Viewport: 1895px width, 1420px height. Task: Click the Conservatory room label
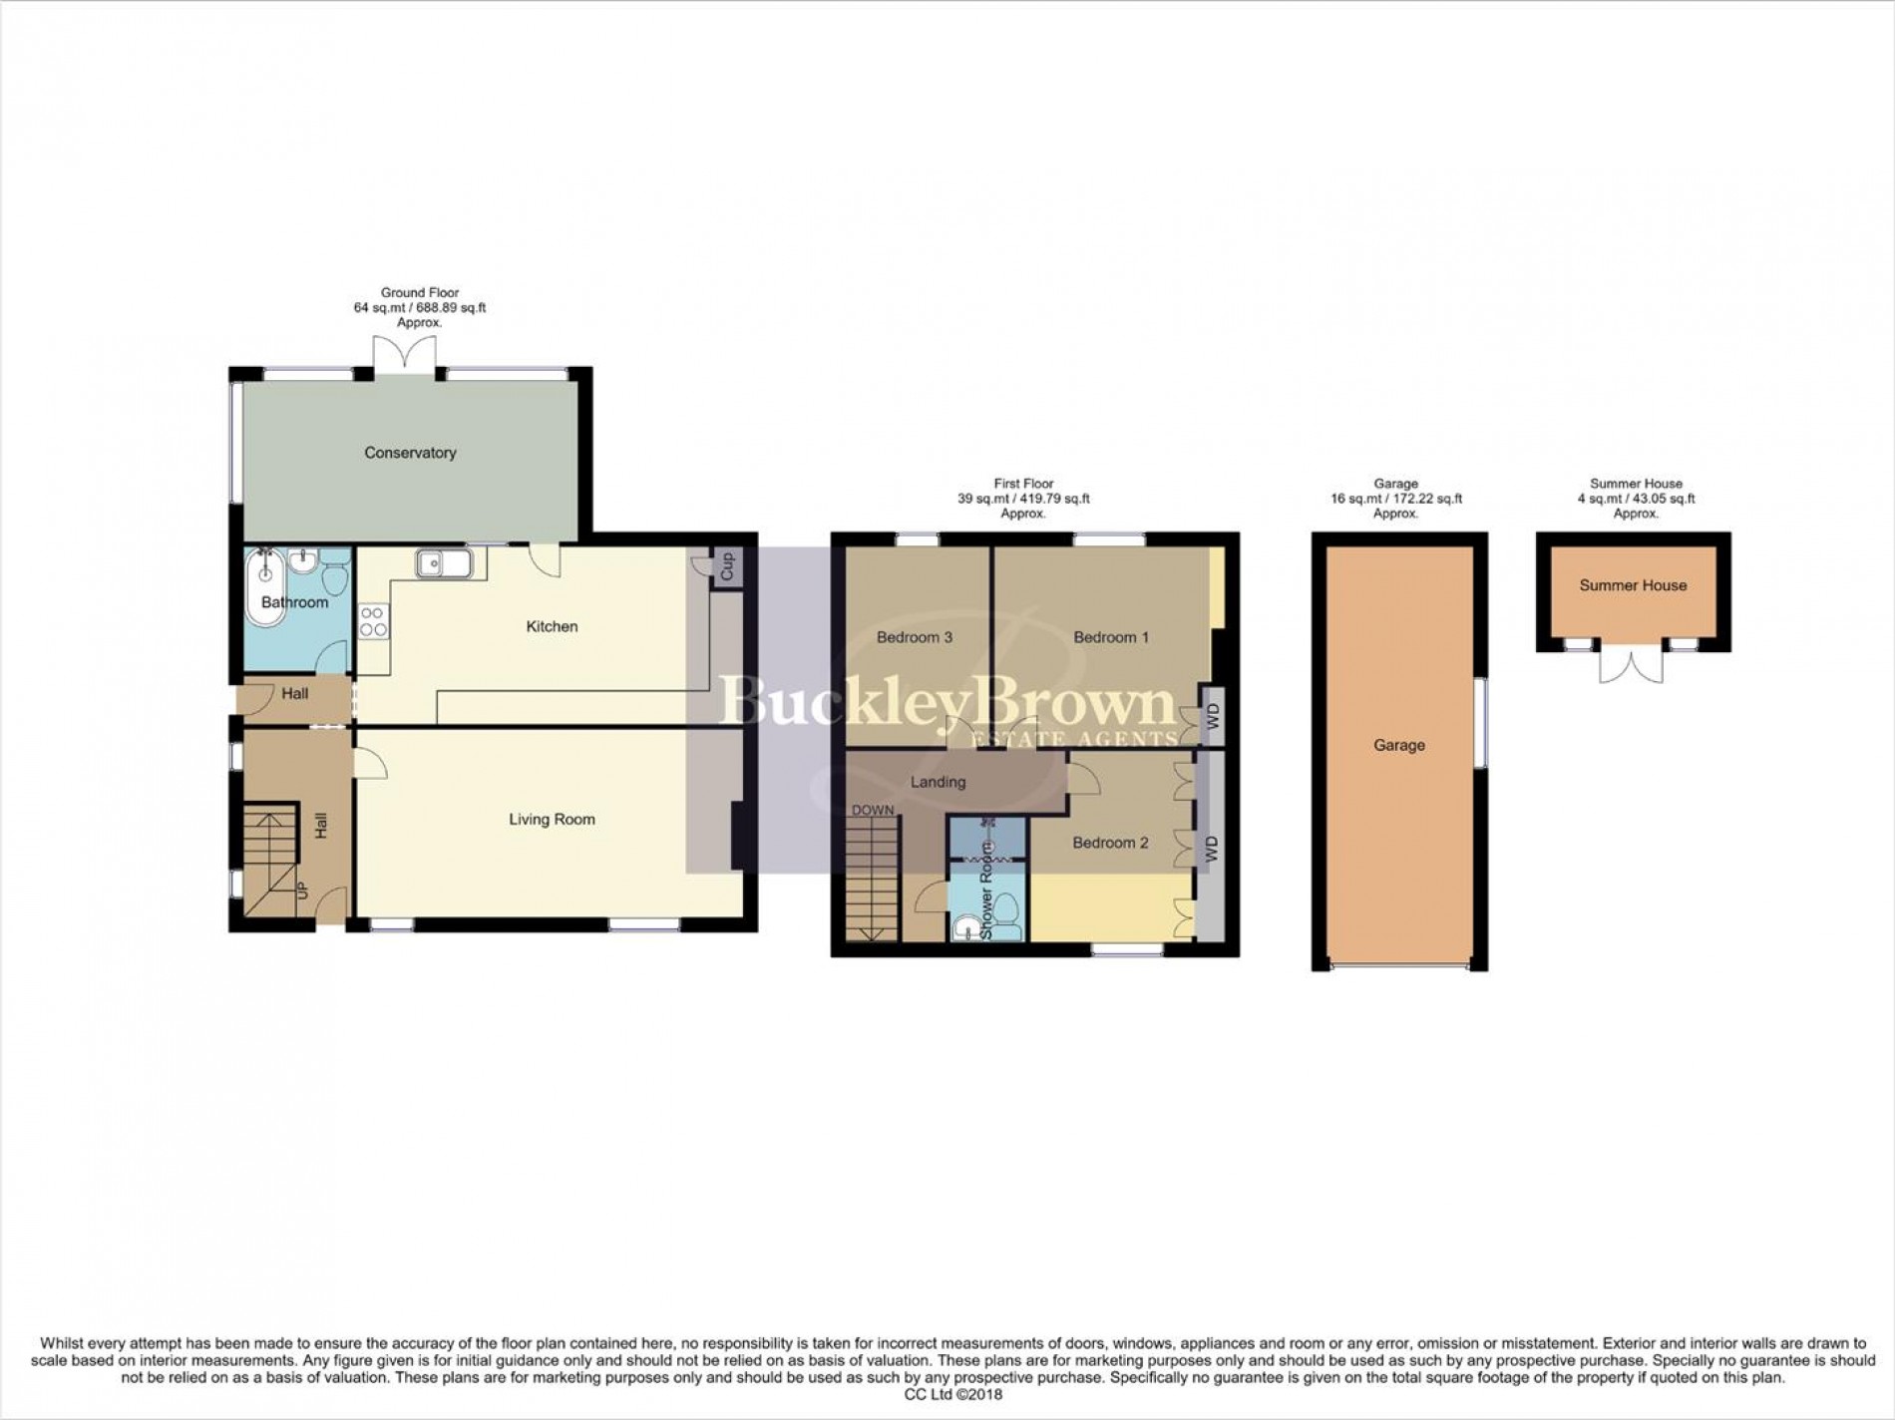[x=410, y=453]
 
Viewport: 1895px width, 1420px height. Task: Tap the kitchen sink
[x=445, y=563]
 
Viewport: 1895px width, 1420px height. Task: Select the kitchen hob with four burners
[x=374, y=622]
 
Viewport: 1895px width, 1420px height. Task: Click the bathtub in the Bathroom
[x=264, y=587]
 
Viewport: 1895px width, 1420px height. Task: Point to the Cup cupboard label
[x=727, y=566]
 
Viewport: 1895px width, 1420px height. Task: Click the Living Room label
[x=552, y=820]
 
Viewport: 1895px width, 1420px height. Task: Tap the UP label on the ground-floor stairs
[x=302, y=889]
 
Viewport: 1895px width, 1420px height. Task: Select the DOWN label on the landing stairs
[x=873, y=810]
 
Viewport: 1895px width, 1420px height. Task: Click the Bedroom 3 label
[x=915, y=637]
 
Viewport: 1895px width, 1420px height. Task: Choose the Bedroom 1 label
[x=1111, y=637]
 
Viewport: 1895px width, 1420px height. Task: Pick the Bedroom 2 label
[x=1110, y=843]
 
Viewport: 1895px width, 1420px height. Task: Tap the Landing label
[x=938, y=782]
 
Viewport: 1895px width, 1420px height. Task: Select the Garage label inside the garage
[x=1398, y=745]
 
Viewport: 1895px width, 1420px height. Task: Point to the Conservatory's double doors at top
[x=404, y=355]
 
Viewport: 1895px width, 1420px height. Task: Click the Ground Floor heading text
[x=419, y=293]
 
